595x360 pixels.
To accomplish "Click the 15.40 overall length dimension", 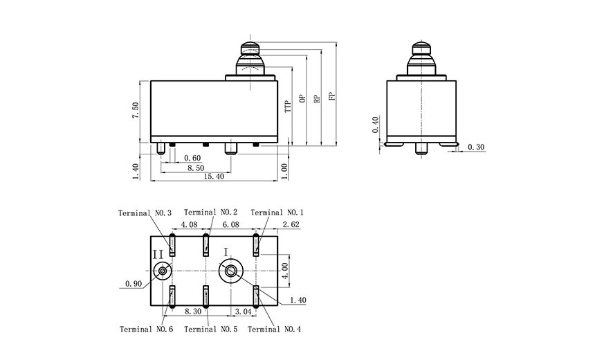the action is coord(214,177).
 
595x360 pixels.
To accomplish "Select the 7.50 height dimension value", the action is coord(136,111).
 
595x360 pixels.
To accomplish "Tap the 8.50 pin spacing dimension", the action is coord(195,168).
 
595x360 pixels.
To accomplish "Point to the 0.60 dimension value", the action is coord(192,158).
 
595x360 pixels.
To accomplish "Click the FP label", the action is coord(332,96).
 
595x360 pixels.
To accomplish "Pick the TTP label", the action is coord(288,106).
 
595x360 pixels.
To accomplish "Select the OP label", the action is coord(302,98).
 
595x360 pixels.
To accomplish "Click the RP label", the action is coord(318,98).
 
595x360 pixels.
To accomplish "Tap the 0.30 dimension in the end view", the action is coord(476,147).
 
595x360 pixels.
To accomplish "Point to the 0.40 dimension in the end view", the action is coord(375,125).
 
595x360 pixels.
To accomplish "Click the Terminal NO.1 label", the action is coord(277,213).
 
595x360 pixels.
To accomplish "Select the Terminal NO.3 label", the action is coord(145,213).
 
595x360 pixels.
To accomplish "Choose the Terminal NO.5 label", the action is coord(210,330).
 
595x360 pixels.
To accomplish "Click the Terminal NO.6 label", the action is coord(146,330).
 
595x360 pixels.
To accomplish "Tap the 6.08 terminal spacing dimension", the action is coord(230,224).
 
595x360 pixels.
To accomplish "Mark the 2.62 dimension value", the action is coord(291,224).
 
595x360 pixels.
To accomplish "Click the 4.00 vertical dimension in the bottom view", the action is coord(285,271).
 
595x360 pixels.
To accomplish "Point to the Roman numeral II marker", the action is coord(158,255).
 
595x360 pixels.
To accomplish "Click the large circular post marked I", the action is coord(230,271).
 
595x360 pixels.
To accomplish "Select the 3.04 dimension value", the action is coord(244,312).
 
